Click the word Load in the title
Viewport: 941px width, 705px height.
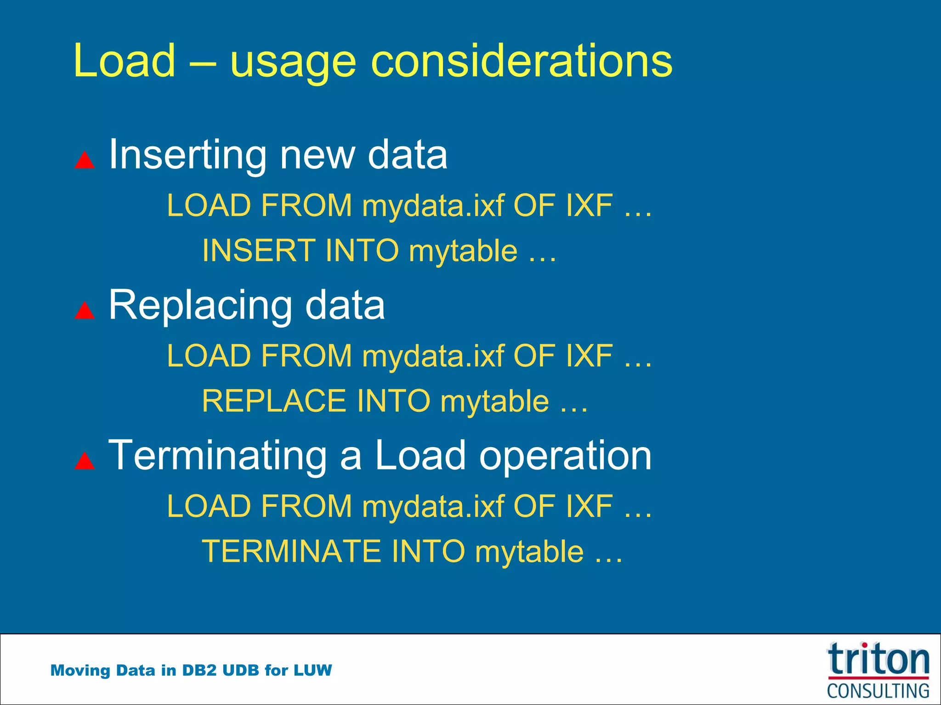click(x=124, y=61)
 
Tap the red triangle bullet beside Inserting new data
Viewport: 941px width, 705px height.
click(x=85, y=160)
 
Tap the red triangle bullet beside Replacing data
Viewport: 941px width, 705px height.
click(x=85, y=310)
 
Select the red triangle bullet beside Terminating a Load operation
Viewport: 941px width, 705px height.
click(x=85, y=460)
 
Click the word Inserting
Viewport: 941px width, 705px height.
click(x=187, y=155)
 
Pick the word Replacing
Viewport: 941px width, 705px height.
click(x=200, y=306)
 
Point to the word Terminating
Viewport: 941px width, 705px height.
click(x=217, y=455)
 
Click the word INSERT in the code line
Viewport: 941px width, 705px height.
click(x=259, y=251)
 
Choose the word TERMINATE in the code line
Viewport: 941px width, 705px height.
click(x=291, y=551)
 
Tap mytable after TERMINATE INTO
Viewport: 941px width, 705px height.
click(x=529, y=552)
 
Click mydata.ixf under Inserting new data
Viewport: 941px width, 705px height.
click(x=433, y=206)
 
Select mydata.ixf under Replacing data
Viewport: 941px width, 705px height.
click(x=433, y=357)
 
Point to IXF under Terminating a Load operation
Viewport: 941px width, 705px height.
click(x=589, y=506)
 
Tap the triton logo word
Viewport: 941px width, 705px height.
click(x=878, y=660)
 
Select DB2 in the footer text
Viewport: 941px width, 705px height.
click(x=199, y=670)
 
